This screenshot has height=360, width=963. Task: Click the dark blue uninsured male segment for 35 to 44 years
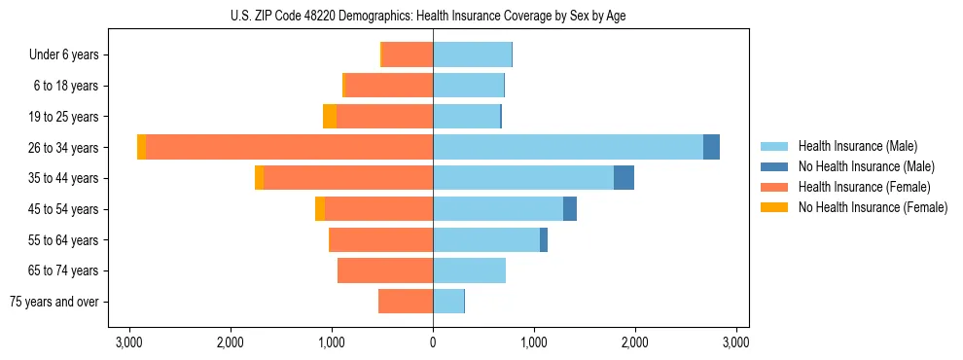click(x=624, y=178)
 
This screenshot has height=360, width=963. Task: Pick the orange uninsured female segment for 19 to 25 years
click(x=330, y=117)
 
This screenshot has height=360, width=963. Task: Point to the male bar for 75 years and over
click(x=448, y=302)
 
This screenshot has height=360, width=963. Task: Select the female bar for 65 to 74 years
click(x=385, y=270)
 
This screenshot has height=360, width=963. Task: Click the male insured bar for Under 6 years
click(x=472, y=54)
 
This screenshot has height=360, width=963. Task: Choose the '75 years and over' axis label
click(x=54, y=302)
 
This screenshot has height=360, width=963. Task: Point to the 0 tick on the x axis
click(x=433, y=342)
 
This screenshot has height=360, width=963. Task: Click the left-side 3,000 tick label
click(x=129, y=342)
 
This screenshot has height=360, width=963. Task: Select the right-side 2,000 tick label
click(x=635, y=342)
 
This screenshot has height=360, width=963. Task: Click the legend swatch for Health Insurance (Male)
click(x=774, y=146)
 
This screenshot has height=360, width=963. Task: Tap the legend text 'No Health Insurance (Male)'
click(x=866, y=166)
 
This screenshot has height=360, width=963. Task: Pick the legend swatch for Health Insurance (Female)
click(x=774, y=187)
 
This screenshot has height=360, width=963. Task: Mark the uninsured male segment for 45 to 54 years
click(x=570, y=209)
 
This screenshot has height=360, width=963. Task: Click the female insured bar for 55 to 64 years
click(x=380, y=240)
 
